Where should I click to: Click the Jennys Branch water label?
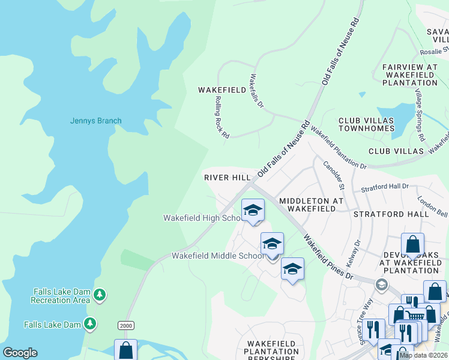(95, 121)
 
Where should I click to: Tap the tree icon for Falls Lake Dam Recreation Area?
(100, 295)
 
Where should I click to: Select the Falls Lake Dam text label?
(52, 325)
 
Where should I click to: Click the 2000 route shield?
(125, 325)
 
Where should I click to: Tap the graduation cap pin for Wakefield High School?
(253, 211)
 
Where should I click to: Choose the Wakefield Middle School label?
(217, 256)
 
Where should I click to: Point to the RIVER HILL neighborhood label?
(227, 178)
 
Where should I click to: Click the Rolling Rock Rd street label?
(221, 118)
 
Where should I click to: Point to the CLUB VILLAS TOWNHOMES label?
(366, 124)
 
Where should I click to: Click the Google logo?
(20, 353)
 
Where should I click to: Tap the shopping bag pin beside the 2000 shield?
(125, 349)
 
